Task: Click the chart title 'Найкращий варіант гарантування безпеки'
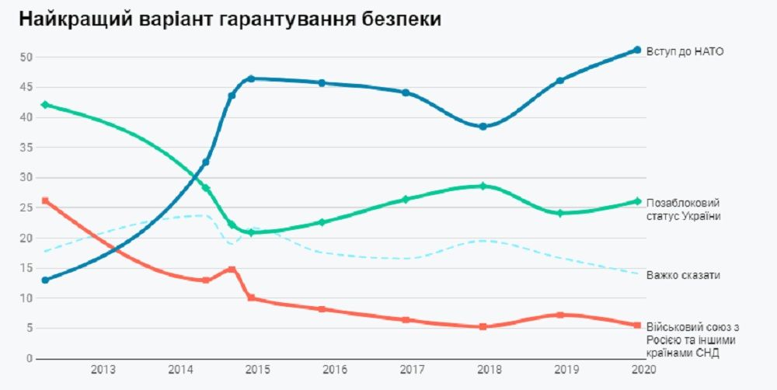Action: click(x=230, y=20)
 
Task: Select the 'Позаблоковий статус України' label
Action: click(x=684, y=209)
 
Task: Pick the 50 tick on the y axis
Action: click(x=26, y=57)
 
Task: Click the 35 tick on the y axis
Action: click(x=26, y=148)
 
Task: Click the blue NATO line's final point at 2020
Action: click(x=637, y=50)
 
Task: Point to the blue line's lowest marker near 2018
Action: click(x=483, y=127)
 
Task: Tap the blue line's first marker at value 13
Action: click(x=45, y=280)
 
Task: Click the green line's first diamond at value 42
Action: click(x=45, y=105)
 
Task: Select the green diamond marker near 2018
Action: click(x=483, y=186)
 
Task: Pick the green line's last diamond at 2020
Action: click(x=637, y=201)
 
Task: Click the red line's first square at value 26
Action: click(x=45, y=200)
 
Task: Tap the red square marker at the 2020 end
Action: click(x=637, y=326)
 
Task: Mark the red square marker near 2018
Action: click(x=483, y=327)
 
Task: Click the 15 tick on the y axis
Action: click(x=26, y=268)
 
